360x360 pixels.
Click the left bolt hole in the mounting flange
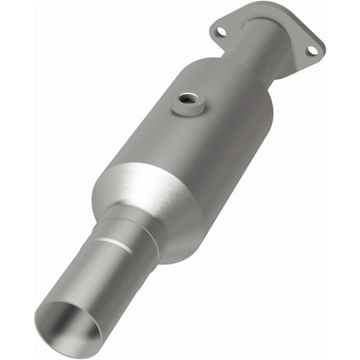pyautogui.click(x=221, y=31)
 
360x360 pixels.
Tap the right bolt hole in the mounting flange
pyautogui.click(x=311, y=50)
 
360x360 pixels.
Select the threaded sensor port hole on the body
pyautogui.click(x=188, y=99)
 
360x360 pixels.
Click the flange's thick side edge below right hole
pyautogui.click(x=313, y=63)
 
